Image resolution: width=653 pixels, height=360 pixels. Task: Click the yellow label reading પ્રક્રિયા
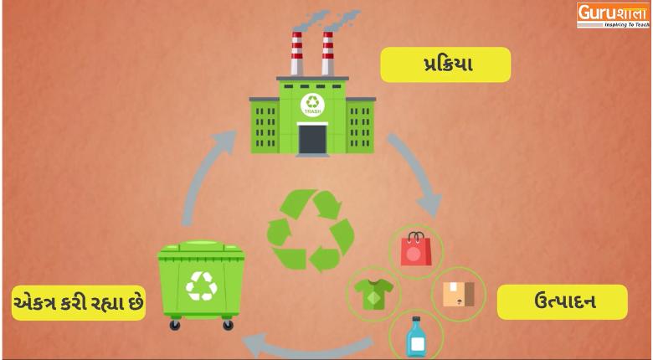pos(445,64)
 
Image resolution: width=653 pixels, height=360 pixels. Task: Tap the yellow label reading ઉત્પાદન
pos(563,302)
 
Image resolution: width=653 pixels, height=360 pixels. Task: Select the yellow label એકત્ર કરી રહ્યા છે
pos(79,303)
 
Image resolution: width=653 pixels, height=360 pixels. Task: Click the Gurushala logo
pos(613,15)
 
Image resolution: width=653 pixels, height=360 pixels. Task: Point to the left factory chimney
pos(296,54)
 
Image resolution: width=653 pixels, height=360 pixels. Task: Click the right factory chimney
pos(327,54)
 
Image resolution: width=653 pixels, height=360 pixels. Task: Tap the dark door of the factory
pos(312,140)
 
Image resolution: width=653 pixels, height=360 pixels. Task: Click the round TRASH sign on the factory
pos(312,105)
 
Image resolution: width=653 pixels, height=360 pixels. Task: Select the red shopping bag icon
pos(415,249)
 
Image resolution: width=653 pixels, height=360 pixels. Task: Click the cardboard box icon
pos(458,294)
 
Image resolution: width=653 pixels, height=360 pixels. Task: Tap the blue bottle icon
pos(416,337)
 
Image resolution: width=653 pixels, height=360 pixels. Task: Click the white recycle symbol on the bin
pos(202,285)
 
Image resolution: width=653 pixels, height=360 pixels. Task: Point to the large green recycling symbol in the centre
pos(311,230)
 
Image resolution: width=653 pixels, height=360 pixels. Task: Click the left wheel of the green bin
pos(175,325)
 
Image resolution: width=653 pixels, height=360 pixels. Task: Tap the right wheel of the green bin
pos(228,325)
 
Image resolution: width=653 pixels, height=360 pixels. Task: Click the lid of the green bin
pos(201,249)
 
